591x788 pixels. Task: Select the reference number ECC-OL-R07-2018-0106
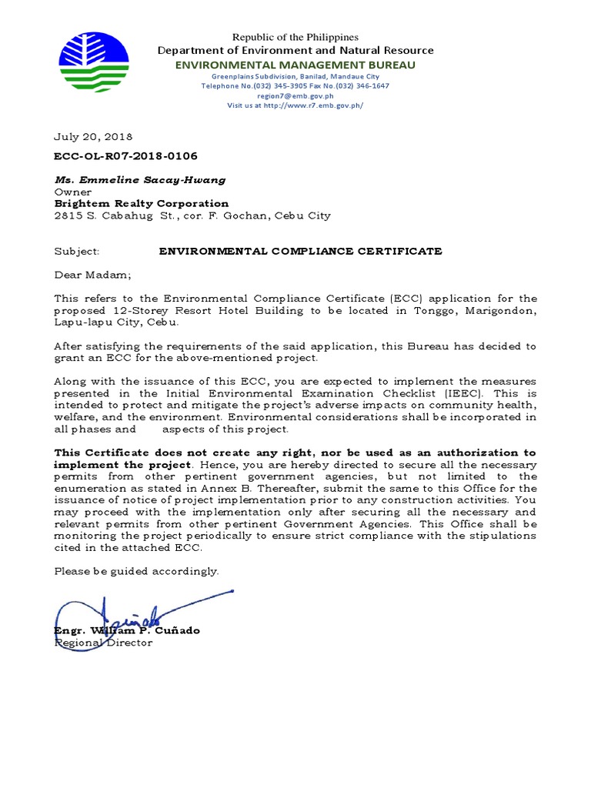120,155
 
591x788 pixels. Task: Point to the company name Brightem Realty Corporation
141,203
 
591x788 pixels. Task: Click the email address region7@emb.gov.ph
295,95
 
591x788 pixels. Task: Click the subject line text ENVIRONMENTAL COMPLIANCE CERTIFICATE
300,251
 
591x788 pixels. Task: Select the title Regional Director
103,643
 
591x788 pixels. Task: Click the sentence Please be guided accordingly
136,571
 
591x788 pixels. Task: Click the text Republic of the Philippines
296,37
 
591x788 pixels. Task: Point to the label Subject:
77,251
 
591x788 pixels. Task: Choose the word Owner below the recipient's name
72,192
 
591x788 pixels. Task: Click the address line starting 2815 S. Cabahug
192,215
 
